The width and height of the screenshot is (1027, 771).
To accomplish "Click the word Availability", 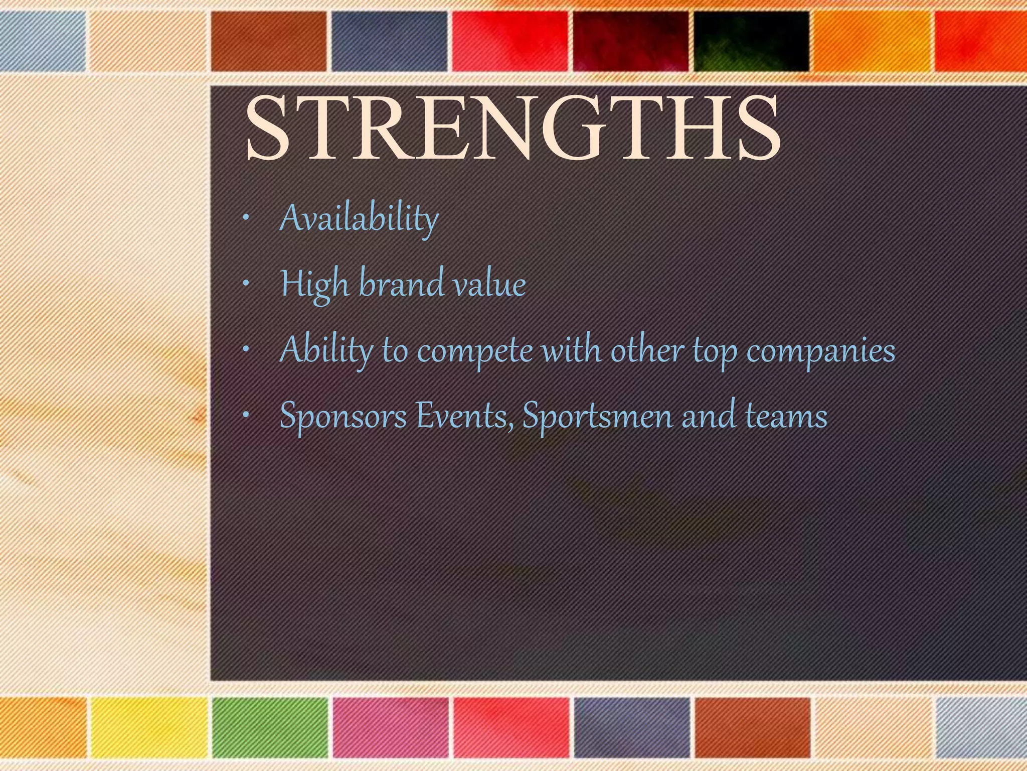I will click(359, 219).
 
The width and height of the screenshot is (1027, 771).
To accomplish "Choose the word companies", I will click(820, 350).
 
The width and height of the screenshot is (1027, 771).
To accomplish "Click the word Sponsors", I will click(343, 417).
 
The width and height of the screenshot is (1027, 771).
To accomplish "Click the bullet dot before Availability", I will click(245, 219).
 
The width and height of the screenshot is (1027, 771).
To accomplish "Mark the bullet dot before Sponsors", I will click(245, 416).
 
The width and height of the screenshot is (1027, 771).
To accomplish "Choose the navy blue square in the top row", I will click(389, 41).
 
